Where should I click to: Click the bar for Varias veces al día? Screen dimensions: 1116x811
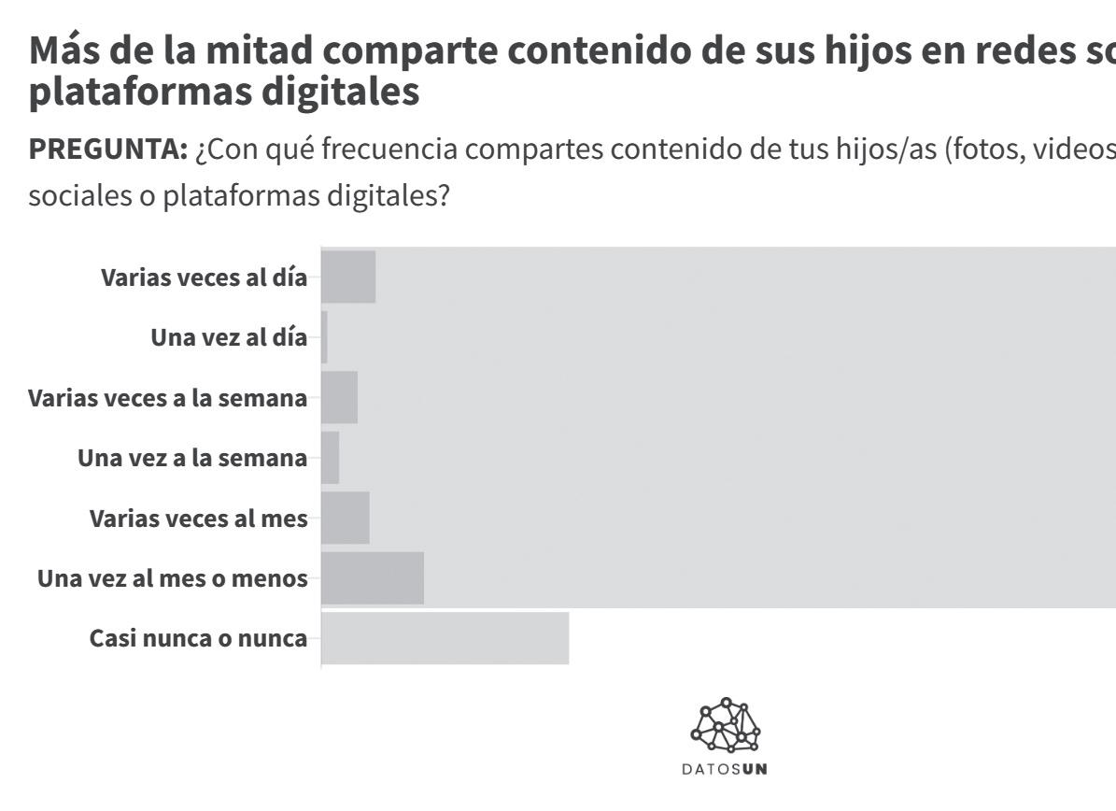pyautogui.click(x=348, y=277)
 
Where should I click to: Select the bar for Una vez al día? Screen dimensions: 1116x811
pyautogui.click(x=325, y=336)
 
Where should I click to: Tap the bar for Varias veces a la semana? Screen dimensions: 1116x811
pyautogui.click(x=340, y=397)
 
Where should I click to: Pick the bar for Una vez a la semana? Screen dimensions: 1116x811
pyautogui.click(x=331, y=457)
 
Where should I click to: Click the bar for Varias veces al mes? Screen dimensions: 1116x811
pyautogui.click(x=346, y=518)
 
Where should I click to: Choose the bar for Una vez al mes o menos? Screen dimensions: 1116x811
pyautogui.click(x=373, y=577)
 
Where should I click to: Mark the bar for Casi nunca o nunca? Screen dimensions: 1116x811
pyautogui.click(x=445, y=638)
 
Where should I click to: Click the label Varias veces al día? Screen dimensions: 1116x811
pyautogui.click(x=205, y=277)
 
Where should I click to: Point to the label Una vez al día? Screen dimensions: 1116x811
pyautogui.click(x=229, y=336)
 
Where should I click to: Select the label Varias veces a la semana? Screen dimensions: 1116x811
pyautogui.click(x=168, y=397)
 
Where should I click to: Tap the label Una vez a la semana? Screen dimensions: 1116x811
pyautogui.click(x=193, y=457)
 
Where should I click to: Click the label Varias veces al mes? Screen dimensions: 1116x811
pyautogui.click(x=199, y=518)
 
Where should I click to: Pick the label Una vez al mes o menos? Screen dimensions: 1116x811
pyautogui.click(x=173, y=577)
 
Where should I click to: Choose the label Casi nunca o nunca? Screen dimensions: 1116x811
pyautogui.click(x=199, y=638)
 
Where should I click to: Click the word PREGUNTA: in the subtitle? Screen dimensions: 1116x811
pyautogui.click(x=108, y=149)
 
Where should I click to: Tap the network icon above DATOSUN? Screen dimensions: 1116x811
pyautogui.click(x=726, y=725)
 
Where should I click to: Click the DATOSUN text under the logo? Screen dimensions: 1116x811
pyautogui.click(x=725, y=769)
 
